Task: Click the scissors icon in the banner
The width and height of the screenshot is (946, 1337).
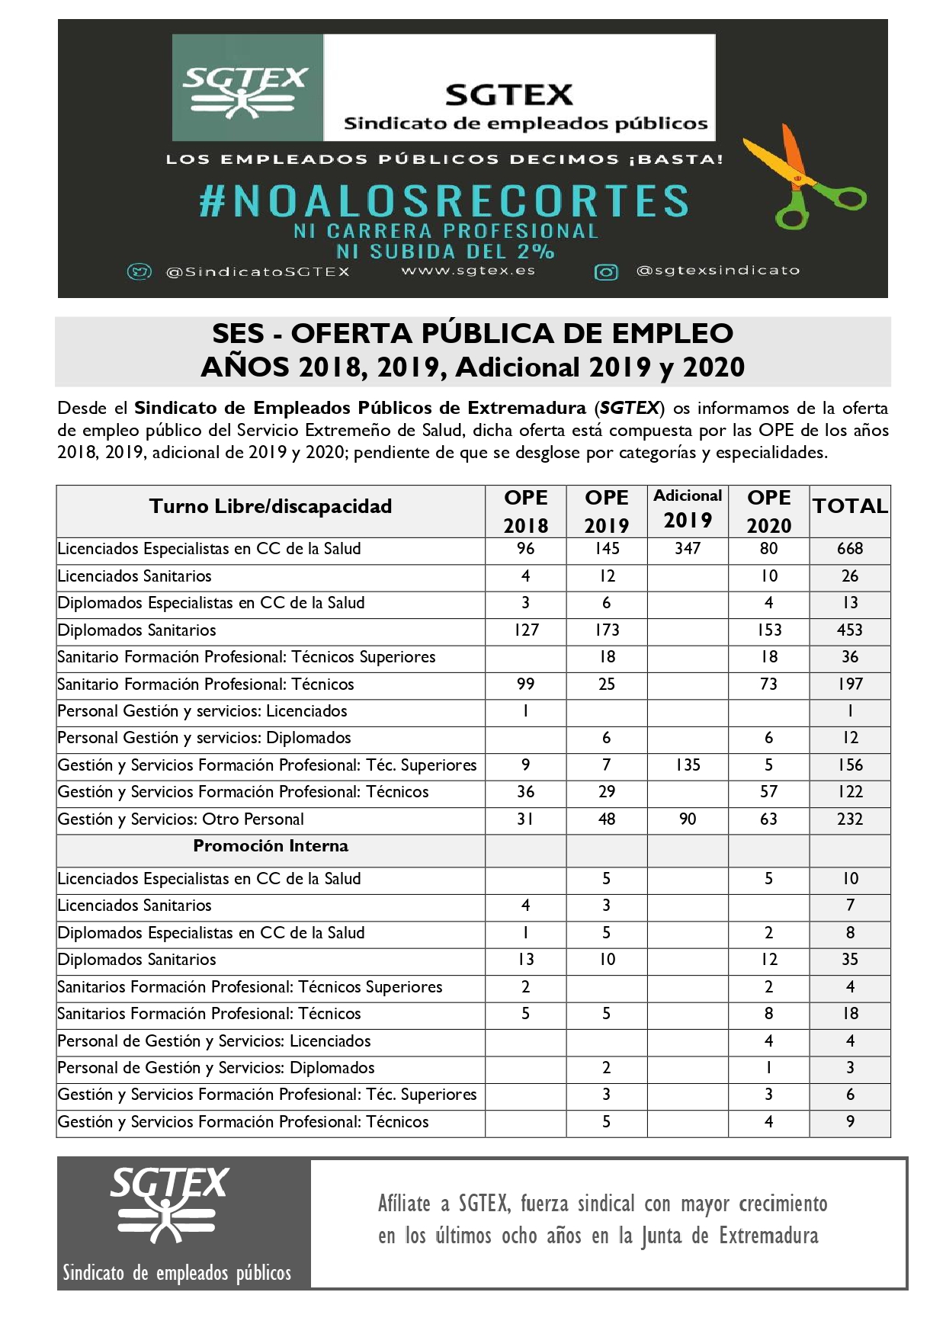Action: click(x=804, y=184)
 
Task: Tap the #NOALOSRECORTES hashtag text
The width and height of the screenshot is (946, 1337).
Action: click(x=444, y=201)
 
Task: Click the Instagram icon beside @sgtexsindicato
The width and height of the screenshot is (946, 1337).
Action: click(x=606, y=272)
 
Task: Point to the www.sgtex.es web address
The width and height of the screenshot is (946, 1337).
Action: click(x=468, y=271)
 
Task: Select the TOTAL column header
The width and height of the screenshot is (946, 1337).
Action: click(x=850, y=507)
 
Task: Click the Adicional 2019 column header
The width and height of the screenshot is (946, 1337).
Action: click(x=688, y=508)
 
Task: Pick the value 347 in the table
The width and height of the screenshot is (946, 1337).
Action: click(x=688, y=549)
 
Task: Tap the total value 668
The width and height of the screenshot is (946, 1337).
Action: click(x=850, y=549)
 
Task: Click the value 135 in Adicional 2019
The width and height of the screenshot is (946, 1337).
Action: click(x=688, y=765)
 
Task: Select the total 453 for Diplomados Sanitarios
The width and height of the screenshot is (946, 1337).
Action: click(x=850, y=630)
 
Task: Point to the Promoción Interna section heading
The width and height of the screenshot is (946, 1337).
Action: click(x=271, y=846)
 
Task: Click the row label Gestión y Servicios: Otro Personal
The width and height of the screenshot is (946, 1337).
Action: click(x=181, y=819)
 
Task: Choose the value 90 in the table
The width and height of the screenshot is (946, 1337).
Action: click(x=688, y=819)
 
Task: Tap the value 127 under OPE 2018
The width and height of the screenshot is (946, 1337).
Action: click(x=526, y=630)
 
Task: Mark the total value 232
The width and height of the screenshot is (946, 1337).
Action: click(x=850, y=819)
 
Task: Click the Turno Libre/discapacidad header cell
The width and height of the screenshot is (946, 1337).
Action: click(x=271, y=507)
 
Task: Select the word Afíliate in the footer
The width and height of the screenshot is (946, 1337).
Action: click(x=404, y=1204)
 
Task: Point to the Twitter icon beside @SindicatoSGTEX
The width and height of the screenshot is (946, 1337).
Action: click(x=139, y=272)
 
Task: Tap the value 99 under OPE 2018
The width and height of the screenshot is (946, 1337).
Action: click(x=526, y=685)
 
